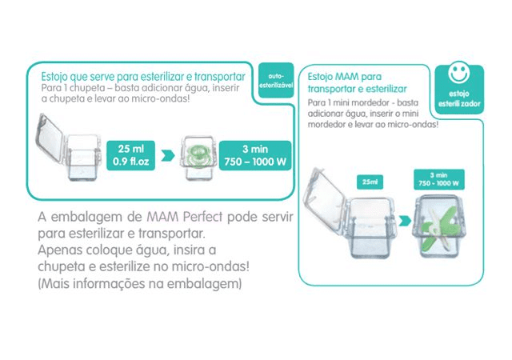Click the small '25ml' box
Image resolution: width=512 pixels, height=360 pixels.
(369, 183)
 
